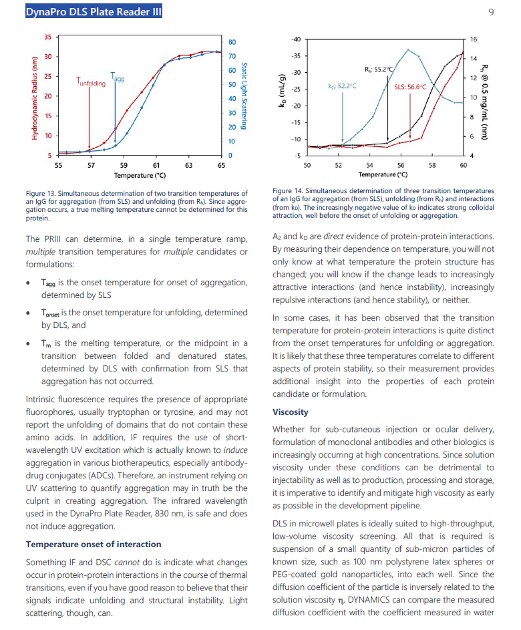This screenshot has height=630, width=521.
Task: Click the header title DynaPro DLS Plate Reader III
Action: coord(93,11)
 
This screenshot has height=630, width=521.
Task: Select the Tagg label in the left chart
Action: coord(118,78)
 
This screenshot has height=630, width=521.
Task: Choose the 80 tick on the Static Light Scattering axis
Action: coord(232,42)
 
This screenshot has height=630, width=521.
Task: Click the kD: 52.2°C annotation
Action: coord(342,86)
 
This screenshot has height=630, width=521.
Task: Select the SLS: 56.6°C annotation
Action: coord(410,86)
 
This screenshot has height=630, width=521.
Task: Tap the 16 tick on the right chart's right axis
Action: coord(474,40)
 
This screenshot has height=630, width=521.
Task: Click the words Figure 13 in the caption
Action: coord(41,193)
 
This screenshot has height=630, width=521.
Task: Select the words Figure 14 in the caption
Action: coord(289,190)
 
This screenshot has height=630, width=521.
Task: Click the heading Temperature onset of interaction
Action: coord(93,544)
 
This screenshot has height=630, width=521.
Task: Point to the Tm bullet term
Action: coord(45,343)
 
